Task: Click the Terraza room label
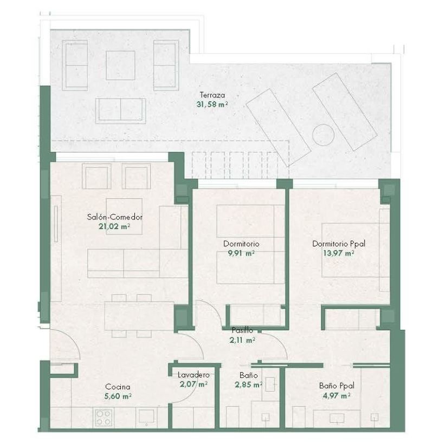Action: pyautogui.click(x=212, y=95)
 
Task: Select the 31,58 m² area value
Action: pyautogui.click(x=212, y=105)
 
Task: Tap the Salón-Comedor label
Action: pyautogui.click(x=114, y=217)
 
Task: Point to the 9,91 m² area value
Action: pyautogui.click(x=241, y=253)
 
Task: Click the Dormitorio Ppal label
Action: pyautogui.click(x=339, y=244)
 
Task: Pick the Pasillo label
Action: pyautogui.click(x=242, y=330)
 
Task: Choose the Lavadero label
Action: pyautogui.click(x=194, y=375)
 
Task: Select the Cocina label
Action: pyautogui.click(x=118, y=387)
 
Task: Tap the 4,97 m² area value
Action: pyautogui.click(x=336, y=395)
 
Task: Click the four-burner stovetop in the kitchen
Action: pyautogui.click(x=104, y=418)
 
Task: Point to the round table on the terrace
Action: pyautogui.click(x=323, y=135)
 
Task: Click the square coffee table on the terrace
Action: pyautogui.click(x=120, y=65)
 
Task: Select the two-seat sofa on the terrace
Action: pyautogui.click(x=121, y=111)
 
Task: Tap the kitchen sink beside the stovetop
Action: pyautogui.click(x=146, y=416)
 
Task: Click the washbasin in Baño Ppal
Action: pyautogui.click(x=337, y=418)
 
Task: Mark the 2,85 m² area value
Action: pyautogui.click(x=248, y=385)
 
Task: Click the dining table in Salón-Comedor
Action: pyautogui.click(x=139, y=316)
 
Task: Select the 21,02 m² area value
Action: pyautogui.click(x=114, y=226)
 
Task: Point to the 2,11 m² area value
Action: pyautogui.click(x=242, y=340)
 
